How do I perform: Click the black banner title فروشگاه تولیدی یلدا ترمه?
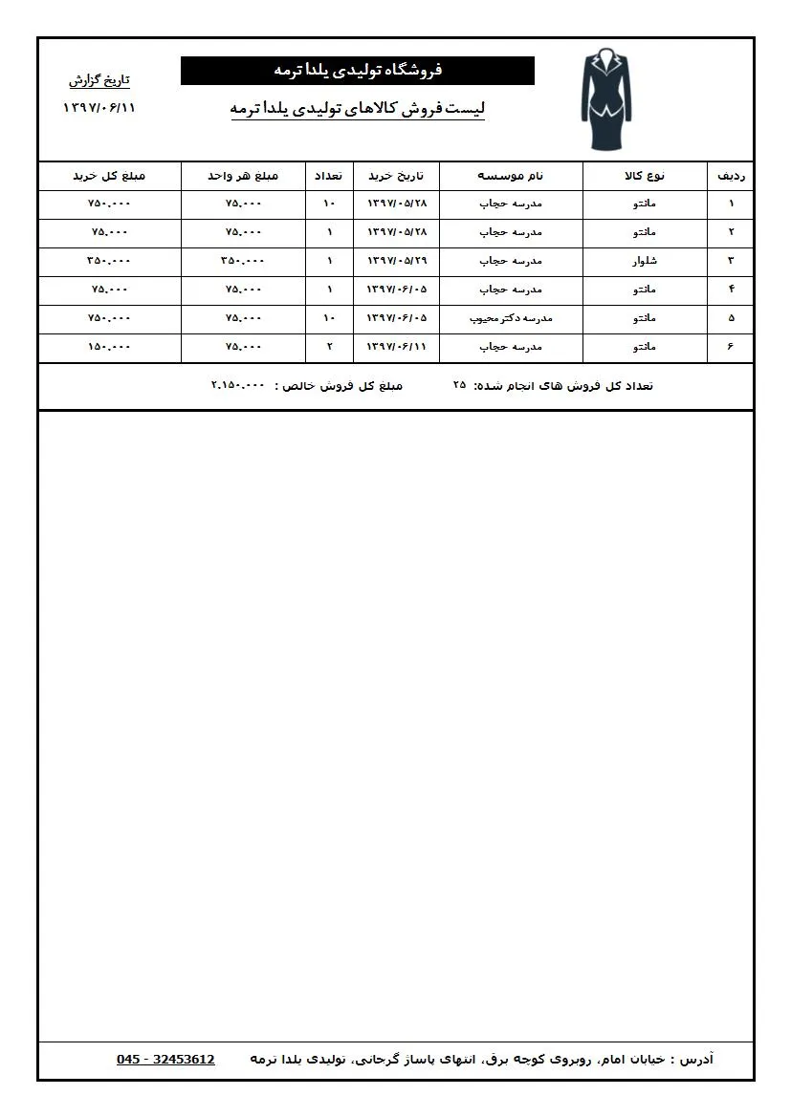[x=358, y=71]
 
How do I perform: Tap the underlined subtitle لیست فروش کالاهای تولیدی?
[x=358, y=109]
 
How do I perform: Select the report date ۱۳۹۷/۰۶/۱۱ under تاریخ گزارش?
[x=99, y=107]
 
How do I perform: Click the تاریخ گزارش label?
[x=99, y=80]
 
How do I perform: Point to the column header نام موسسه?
[x=511, y=176]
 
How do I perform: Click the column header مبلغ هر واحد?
[x=243, y=176]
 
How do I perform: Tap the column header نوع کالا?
[x=645, y=176]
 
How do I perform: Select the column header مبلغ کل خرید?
[x=109, y=176]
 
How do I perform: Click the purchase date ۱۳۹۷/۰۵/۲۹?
[x=397, y=261]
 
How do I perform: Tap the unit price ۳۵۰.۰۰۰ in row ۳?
[x=243, y=261]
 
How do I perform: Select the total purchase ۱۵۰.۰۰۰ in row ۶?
[x=109, y=347]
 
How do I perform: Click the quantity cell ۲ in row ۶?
[x=329, y=347]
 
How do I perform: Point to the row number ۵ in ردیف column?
[x=732, y=318]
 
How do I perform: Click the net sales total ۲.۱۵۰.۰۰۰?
[x=237, y=386]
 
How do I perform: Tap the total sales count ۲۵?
[x=459, y=386]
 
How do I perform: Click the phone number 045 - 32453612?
[x=165, y=1060]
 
